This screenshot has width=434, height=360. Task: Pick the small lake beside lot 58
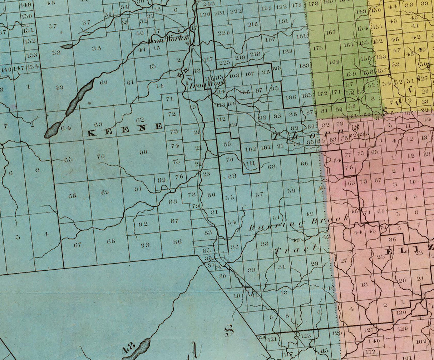[67, 46]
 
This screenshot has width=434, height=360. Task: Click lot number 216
[252, 24]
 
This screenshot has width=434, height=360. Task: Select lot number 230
[223, 32]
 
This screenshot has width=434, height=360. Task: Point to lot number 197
[270, 39]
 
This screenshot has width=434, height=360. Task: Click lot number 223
[224, 62]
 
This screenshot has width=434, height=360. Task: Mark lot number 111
[251, 163]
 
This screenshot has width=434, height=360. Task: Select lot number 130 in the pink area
[402, 312]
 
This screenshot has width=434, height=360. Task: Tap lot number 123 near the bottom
[306, 336]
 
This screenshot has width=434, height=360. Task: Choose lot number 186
[291, 97]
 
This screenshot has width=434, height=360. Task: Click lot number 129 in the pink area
[403, 328]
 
